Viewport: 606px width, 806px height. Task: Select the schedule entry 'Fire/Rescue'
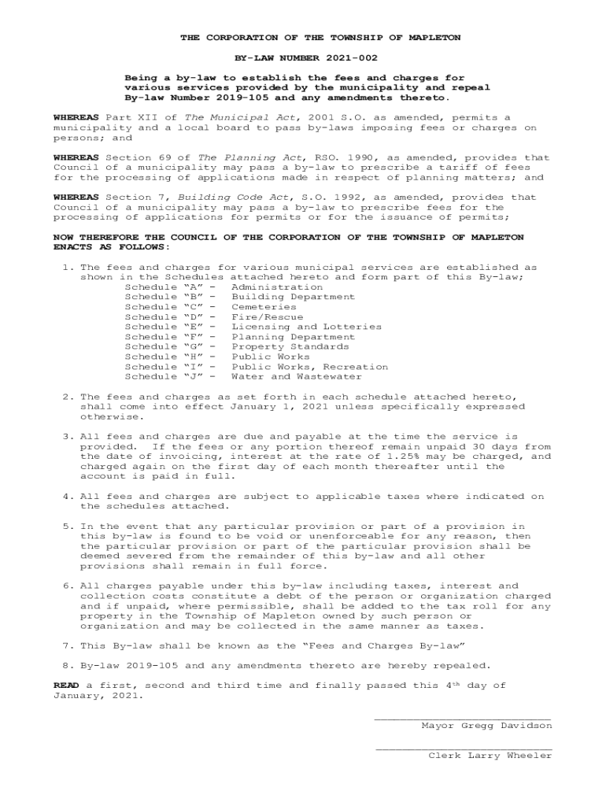267,317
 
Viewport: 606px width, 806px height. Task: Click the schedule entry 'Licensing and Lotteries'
306,327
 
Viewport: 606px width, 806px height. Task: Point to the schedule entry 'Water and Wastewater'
297,376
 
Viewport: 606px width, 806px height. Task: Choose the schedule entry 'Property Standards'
290,346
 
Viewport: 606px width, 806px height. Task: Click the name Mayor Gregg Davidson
486,726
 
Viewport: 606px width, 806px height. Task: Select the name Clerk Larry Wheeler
490,756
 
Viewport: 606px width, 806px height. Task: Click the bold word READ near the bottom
66,686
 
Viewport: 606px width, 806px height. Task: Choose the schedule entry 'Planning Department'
290,337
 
